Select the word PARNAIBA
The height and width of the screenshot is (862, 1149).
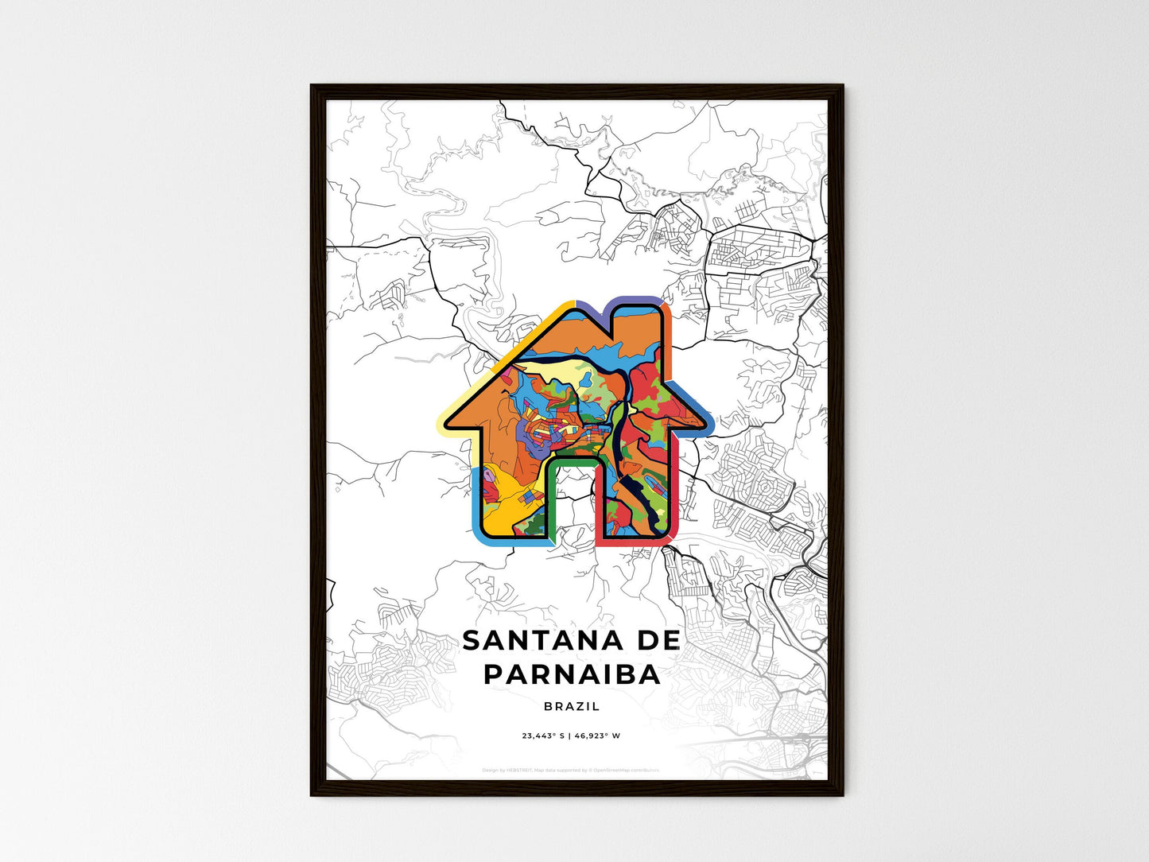(572, 674)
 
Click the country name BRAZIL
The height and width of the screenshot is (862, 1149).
(572, 706)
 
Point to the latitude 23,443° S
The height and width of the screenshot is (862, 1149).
(542, 736)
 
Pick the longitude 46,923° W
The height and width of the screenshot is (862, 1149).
(596, 736)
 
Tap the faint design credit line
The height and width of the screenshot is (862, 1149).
(571, 770)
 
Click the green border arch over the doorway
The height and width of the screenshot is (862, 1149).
(572, 461)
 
